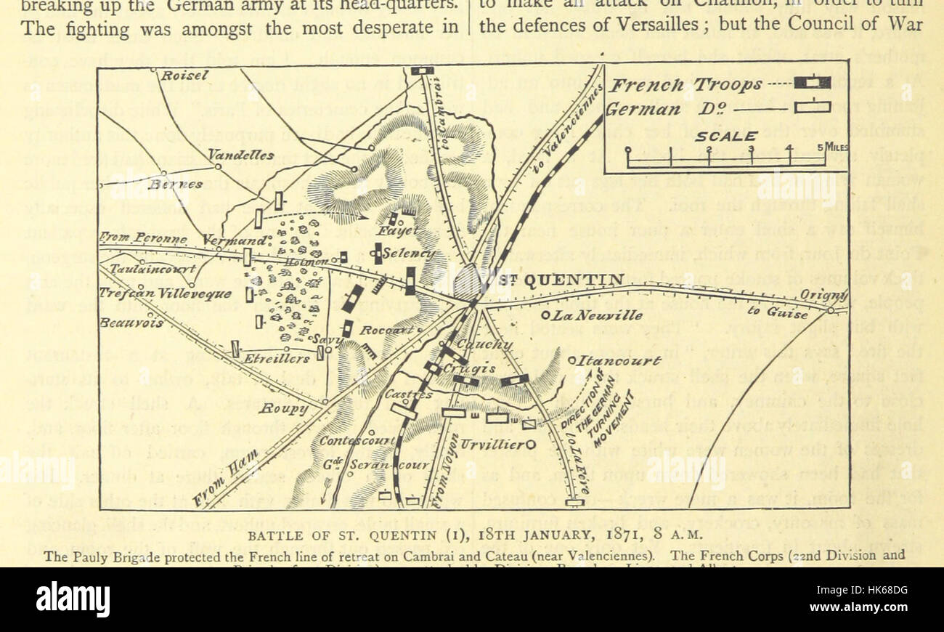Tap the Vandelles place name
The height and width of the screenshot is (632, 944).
tap(241, 155)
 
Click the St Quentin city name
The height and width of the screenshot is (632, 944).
tap(562, 280)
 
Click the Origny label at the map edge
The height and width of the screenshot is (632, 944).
tap(824, 295)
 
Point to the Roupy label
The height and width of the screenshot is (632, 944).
tap(284, 409)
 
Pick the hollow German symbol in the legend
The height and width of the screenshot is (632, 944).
tap(812, 108)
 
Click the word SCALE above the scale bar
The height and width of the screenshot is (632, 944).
tap(726, 136)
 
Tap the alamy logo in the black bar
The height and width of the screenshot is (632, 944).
tap(73, 599)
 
